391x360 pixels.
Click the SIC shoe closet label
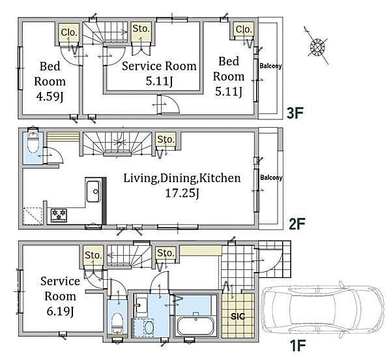pos(238,316)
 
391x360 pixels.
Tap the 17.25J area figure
pos(182,193)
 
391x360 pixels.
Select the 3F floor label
pos(295,113)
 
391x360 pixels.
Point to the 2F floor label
pos(297,224)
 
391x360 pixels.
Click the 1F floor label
pos(297,346)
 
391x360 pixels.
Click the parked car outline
pos(323,310)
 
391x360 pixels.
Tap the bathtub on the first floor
pos(195,323)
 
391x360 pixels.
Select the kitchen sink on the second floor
pos(94,192)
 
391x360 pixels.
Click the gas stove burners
pos(59,215)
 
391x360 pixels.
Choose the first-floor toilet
pos(117,323)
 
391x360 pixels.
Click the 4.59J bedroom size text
pos(50,97)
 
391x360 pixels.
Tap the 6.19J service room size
pos(60,311)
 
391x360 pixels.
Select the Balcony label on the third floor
pos(270,66)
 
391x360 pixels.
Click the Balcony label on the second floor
pos(271,177)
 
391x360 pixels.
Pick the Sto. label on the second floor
pos(166,140)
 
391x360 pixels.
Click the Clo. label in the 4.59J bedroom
pos(69,32)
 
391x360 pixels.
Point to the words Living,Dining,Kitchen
pos(182,178)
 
